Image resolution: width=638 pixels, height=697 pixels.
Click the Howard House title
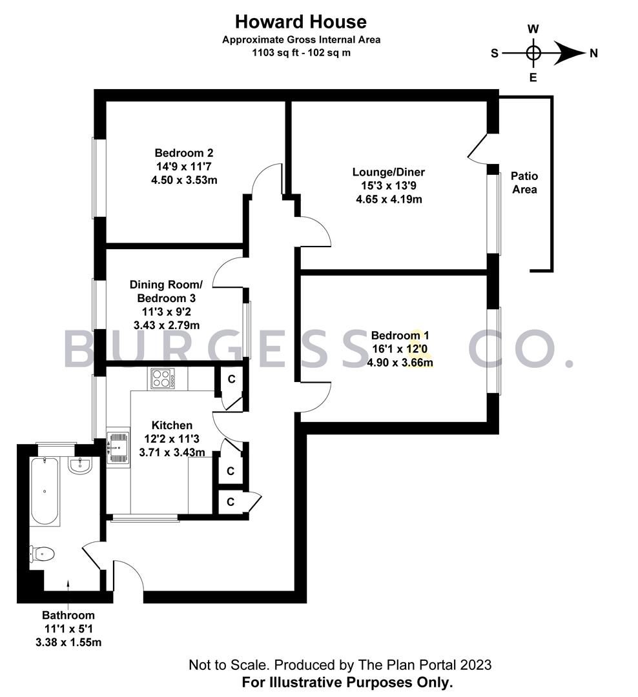[300, 22]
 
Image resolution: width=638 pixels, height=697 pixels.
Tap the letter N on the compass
[593, 54]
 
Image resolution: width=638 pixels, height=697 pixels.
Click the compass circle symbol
[533, 53]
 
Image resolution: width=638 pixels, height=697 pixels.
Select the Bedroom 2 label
[183, 153]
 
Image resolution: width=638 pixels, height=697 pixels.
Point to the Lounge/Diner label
[388, 172]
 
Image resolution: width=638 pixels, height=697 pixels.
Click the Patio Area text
[524, 183]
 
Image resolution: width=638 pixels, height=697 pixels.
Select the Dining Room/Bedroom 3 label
[166, 291]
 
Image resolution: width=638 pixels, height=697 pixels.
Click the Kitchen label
[172, 425]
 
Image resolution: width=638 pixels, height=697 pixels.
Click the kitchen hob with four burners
[163, 378]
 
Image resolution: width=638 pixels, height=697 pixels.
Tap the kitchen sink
[118, 445]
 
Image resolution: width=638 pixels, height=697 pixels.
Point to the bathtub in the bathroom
[44, 490]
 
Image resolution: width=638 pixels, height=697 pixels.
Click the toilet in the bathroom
[42, 554]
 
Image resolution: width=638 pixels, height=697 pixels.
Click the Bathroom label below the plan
[68, 615]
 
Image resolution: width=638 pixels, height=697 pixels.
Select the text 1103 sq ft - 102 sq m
[301, 53]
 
